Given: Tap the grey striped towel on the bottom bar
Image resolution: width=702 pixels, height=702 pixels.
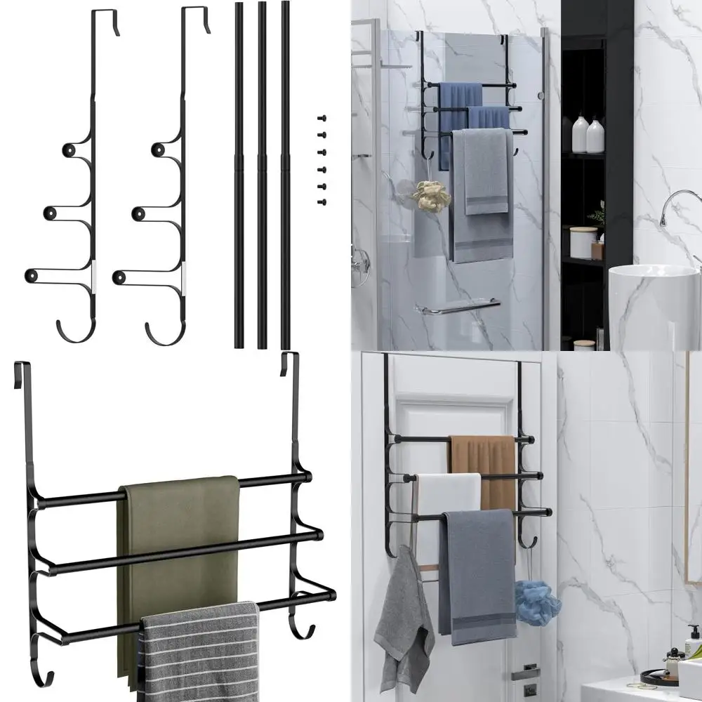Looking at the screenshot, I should (200, 653).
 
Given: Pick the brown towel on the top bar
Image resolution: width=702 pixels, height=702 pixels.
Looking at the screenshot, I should (484, 463).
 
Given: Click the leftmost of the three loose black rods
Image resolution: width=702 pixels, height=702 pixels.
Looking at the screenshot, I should (239, 175).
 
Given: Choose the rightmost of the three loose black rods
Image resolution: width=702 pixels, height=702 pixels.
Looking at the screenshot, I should (286, 175).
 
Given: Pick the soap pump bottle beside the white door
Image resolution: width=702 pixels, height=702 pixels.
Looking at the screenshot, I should (694, 642).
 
